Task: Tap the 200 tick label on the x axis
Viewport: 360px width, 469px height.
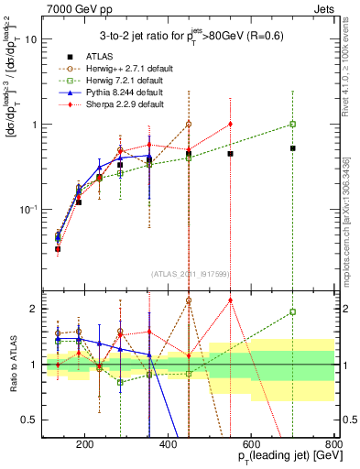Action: coord(85,445)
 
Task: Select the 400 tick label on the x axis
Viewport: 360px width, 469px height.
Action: coord(169,445)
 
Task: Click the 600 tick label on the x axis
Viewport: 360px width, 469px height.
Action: coord(251,445)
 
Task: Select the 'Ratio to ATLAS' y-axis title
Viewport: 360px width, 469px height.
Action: coord(13,364)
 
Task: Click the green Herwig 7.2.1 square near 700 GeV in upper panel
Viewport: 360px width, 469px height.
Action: coord(292,124)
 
